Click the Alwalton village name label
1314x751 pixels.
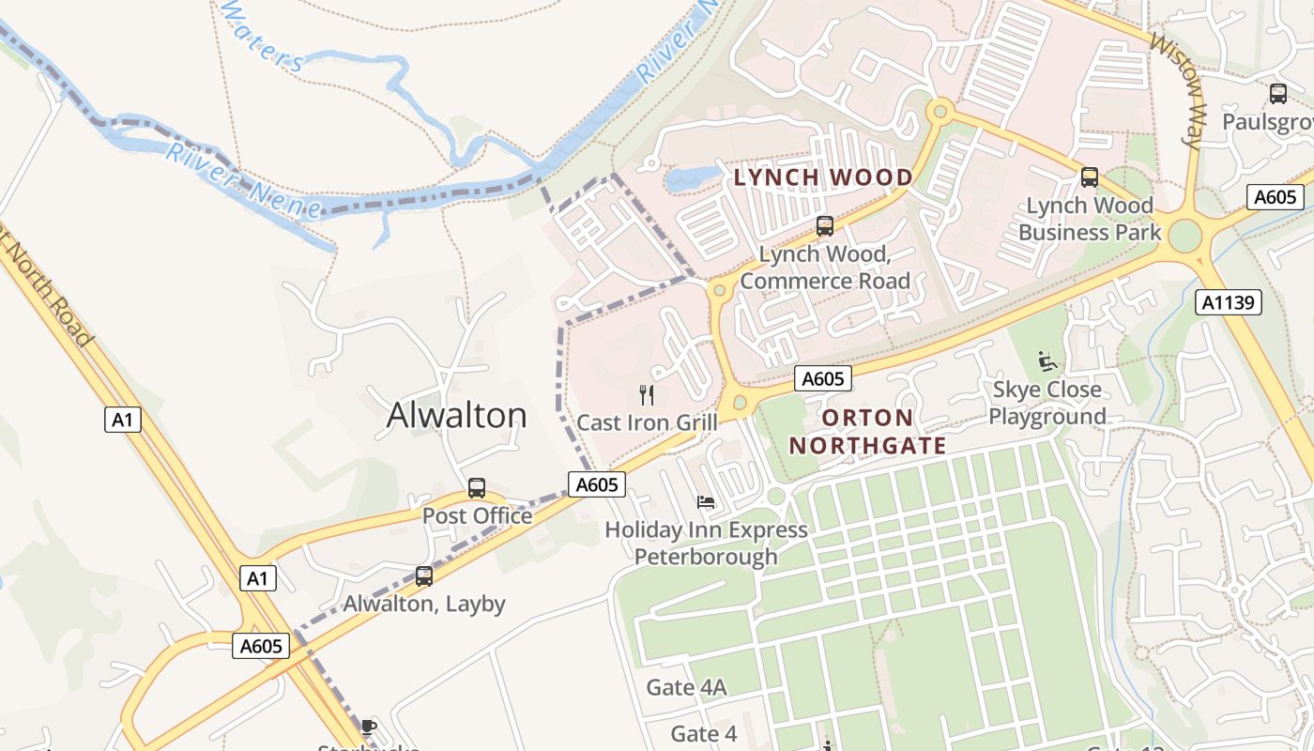click(457, 415)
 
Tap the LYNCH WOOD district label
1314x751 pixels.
click(823, 177)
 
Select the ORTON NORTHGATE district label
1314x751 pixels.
click(867, 432)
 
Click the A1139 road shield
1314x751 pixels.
click(1229, 302)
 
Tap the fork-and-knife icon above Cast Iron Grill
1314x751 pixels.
click(646, 394)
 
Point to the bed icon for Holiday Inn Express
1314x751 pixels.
click(706, 502)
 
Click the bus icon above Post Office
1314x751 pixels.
click(477, 488)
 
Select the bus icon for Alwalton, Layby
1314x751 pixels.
click(424, 576)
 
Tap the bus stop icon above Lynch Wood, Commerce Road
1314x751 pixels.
click(825, 226)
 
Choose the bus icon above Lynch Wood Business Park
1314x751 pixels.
click(1090, 177)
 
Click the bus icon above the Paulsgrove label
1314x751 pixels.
click(1278, 94)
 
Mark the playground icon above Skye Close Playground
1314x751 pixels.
click(1047, 361)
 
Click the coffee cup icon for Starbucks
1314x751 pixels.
click(369, 726)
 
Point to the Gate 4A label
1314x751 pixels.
click(686, 688)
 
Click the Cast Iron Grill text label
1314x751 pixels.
click(647, 422)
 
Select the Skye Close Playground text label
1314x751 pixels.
click(1047, 403)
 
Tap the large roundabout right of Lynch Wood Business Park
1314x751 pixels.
click(1184, 236)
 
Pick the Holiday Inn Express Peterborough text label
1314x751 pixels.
click(706, 543)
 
